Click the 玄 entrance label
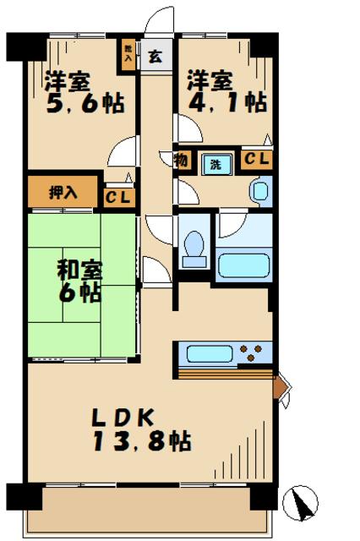(x=155, y=57)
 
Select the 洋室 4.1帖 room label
(x=226, y=92)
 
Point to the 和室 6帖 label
(x=79, y=281)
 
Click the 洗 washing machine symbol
(x=215, y=164)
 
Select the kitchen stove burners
(x=253, y=352)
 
